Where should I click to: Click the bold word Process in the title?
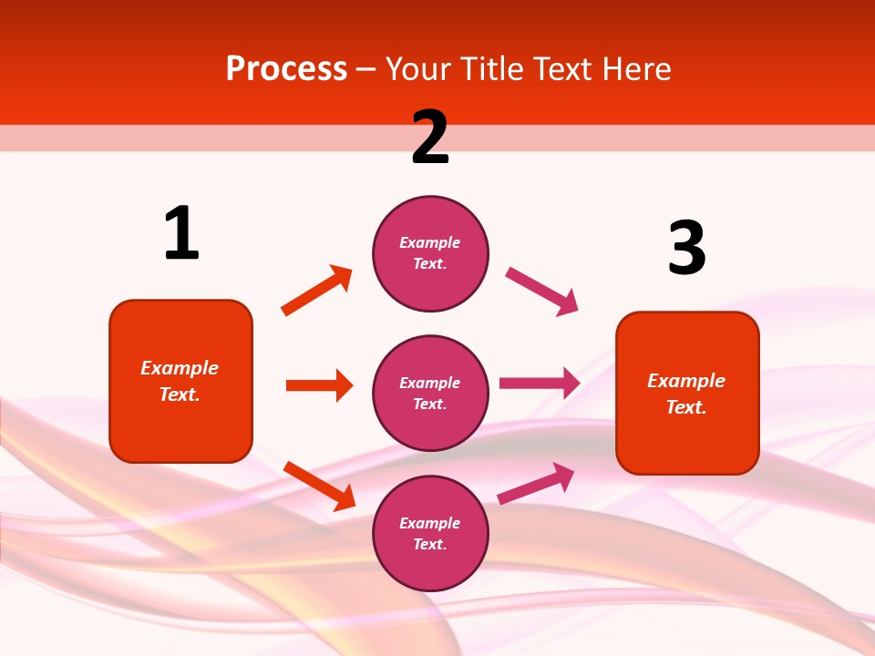click(286, 68)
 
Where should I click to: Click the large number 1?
click(181, 234)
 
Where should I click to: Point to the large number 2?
click(430, 138)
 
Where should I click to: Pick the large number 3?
click(686, 249)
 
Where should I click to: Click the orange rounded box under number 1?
click(180, 381)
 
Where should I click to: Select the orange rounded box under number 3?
click(687, 393)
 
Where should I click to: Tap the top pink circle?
click(430, 253)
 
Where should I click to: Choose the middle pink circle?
click(430, 393)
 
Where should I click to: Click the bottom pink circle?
click(430, 533)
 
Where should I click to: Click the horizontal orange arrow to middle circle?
click(319, 385)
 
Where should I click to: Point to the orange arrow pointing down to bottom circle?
click(319, 486)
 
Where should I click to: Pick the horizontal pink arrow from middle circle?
click(540, 383)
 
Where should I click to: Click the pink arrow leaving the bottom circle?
click(536, 483)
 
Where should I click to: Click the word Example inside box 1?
click(180, 368)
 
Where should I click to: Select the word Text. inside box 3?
click(686, 407)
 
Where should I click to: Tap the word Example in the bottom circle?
click(430, 523)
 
